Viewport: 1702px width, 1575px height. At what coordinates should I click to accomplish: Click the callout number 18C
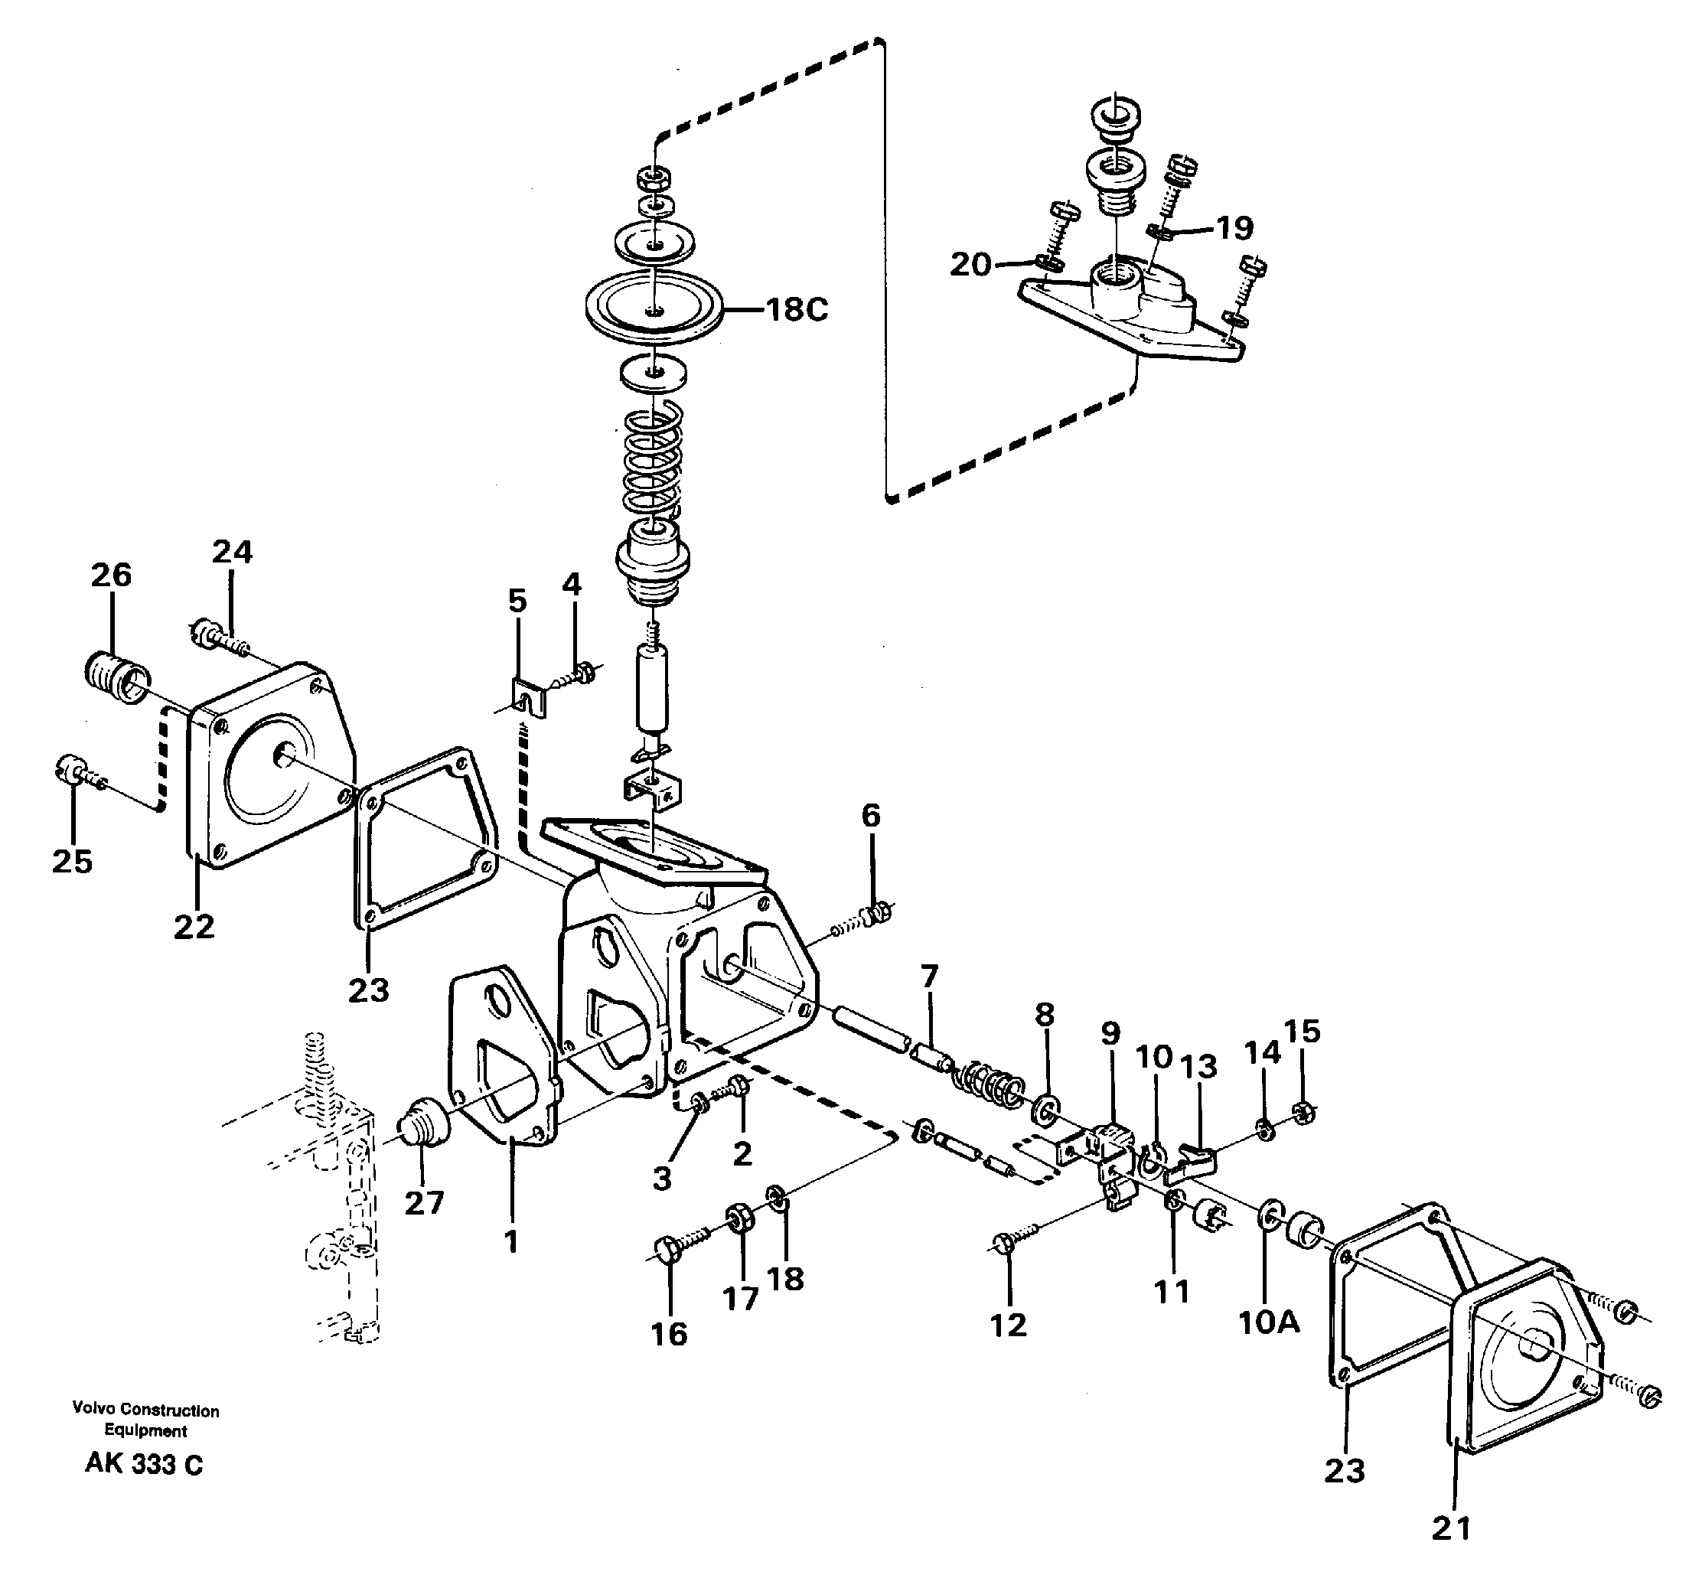796,309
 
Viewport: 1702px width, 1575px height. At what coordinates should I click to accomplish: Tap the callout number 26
111,576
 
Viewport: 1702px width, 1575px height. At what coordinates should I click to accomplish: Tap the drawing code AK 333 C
144,1464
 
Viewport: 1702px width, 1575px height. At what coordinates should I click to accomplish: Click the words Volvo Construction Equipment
145,1420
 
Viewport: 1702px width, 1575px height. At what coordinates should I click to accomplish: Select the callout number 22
194,927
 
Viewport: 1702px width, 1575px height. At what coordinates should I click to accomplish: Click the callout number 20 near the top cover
970,265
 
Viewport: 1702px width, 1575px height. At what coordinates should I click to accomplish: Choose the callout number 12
1008,1325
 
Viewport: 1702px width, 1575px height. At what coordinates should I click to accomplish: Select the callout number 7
929,975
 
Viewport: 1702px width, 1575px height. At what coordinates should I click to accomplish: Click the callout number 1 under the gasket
511,1243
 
